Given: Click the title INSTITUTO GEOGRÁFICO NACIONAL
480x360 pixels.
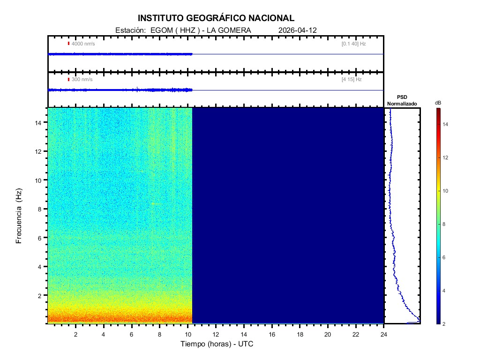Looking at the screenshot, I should [216, 18].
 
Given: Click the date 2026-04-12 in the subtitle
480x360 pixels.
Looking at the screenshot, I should [298, 30].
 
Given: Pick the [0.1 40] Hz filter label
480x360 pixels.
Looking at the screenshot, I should [353, 44].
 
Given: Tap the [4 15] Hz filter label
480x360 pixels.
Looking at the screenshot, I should [352, 79].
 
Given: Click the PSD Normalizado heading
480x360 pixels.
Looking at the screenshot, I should [402, 100].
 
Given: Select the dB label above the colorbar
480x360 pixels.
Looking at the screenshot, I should [438, 103].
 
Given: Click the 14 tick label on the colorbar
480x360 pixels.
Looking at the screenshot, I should [446, 125].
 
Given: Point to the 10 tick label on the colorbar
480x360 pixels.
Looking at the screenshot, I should [446, 191].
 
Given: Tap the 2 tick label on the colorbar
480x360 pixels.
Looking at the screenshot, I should [445, 323].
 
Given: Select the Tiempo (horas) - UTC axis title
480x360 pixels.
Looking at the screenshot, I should [217, 344].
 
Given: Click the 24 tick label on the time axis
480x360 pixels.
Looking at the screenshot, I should [384, 334].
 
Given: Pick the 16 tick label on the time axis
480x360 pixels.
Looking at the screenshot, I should [272, 334].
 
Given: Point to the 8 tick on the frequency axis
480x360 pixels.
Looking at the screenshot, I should [41, 209].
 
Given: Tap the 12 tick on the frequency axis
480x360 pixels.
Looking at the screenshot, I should [39, 151].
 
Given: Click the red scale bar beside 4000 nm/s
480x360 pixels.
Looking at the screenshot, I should [68, 44].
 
